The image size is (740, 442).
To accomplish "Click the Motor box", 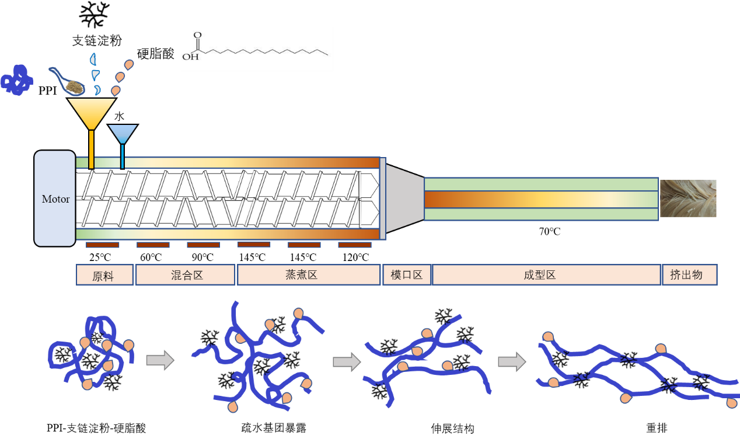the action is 55,199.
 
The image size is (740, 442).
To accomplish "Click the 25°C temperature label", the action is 100,257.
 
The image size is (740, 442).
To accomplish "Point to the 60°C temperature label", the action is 151,257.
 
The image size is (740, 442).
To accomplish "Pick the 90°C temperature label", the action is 203,257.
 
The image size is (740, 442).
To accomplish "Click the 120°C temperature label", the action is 355,257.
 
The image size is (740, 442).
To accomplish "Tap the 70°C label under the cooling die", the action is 550,231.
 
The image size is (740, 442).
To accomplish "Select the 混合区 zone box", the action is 186,275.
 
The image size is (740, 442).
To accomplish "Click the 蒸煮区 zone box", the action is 309,275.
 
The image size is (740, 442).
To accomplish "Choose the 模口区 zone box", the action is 407,275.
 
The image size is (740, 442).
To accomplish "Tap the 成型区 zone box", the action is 546,275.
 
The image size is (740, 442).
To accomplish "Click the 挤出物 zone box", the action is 690,275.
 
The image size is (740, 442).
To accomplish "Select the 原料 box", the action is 104,275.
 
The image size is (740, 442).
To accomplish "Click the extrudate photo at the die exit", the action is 688,199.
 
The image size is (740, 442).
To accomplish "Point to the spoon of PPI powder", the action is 67,82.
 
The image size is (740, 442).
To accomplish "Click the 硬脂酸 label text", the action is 156,54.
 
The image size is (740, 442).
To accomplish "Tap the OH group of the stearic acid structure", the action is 191,57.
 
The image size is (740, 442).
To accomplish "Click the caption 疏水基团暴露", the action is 274,428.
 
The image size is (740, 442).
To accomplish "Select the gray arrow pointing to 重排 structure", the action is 512,362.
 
